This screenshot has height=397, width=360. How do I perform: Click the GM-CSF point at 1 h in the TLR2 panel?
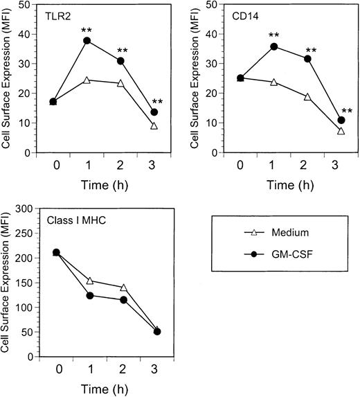point(87,41)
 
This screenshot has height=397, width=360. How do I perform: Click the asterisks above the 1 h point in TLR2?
point(87,29)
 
